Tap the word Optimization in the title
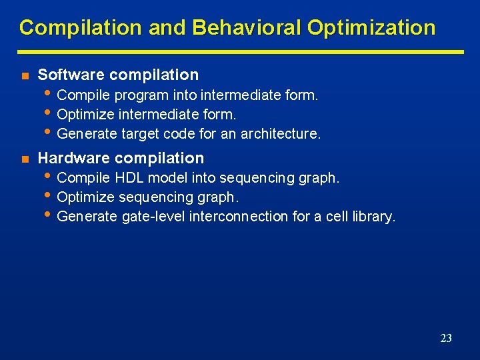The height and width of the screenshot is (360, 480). (x=371, y=28)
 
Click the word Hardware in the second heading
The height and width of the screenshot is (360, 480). (x=73, y=158)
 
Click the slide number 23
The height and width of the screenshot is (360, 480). (x=446, y=339)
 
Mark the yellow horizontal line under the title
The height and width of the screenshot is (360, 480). (x=240, y=51)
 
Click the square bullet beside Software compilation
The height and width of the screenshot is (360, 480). (x=24, y=75)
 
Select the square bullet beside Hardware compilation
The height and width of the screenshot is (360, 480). (x=24, y=159)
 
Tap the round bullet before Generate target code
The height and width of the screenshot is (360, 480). (x=49, y=132)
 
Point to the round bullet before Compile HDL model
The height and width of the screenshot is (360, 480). (x=49, y=177)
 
